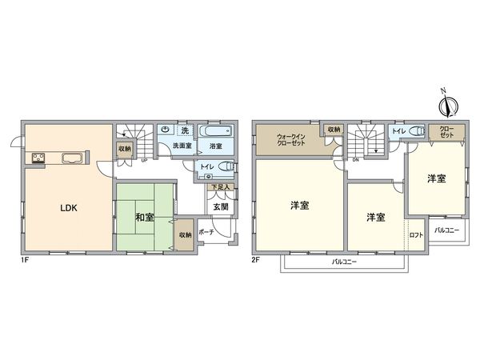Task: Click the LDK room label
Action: (x=68, y=208)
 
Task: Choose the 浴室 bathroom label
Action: (x=215, y=147)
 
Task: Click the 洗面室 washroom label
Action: (x=182, y=147)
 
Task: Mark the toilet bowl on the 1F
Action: (x=226, y=167)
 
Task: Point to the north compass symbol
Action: (x=447, y=104)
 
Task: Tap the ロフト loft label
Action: (x=416, y=235)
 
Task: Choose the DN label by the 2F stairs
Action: (x=355, y=159)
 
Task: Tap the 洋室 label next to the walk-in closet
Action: (x=300, y=206)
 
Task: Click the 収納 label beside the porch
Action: (x=184, y=234)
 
